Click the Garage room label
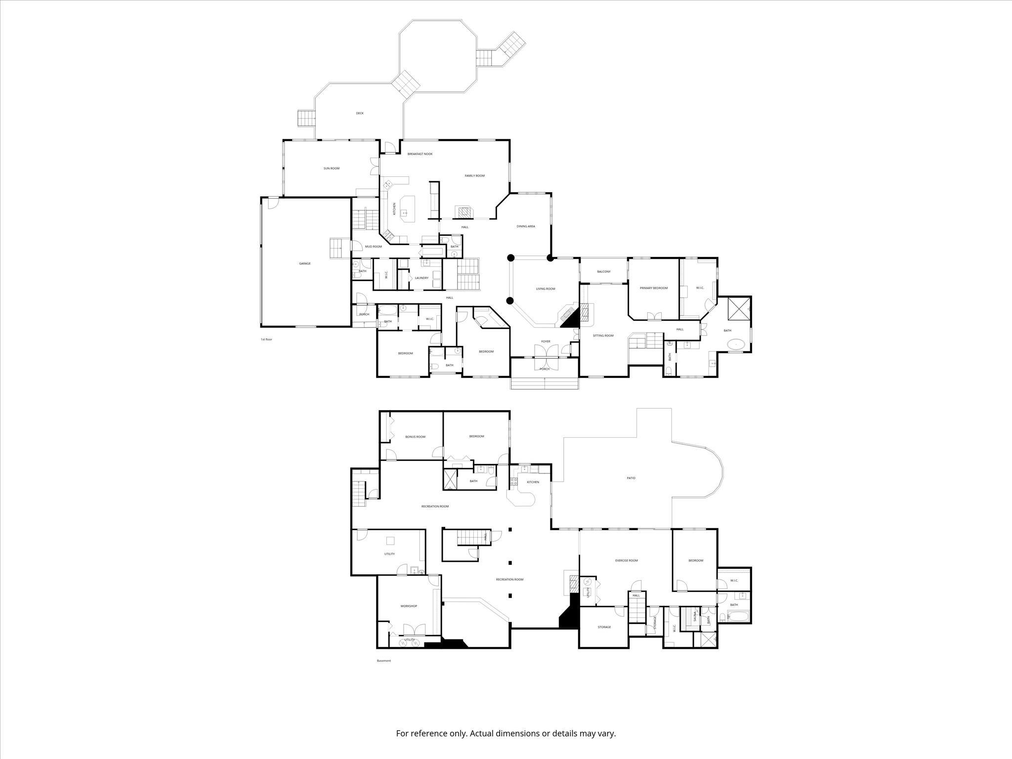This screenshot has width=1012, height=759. (x=305, y=263)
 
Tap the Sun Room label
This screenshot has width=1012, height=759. (x=332, y=169)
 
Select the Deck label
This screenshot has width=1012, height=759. (x=360, y=113)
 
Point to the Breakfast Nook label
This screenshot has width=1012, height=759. (x=420, y=154)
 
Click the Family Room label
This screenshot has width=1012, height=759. (x=474, y=175)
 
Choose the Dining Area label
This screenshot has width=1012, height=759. (x=526, y=226)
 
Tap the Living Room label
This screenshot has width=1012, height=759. (x=546, y=289)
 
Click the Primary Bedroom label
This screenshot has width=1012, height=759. (x=654, y=288)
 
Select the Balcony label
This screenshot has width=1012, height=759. (x=604, y=271)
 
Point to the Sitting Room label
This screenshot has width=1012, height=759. (x=603, y=336)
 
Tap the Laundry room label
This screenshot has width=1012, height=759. (x=422, y=278)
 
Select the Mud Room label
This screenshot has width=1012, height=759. (x=374, y=247)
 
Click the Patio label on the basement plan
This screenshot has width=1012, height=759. (x=631, y=478)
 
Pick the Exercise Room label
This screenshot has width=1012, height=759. (x=626, y=560)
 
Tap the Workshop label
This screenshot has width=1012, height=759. (x=409, y=606)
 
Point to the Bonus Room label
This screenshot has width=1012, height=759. (x=415, y=437)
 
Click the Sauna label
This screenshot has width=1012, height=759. (x=694, y=616)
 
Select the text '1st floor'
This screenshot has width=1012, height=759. (x=266, y=339)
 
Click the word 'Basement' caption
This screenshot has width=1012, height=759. (x=384, y=661)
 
